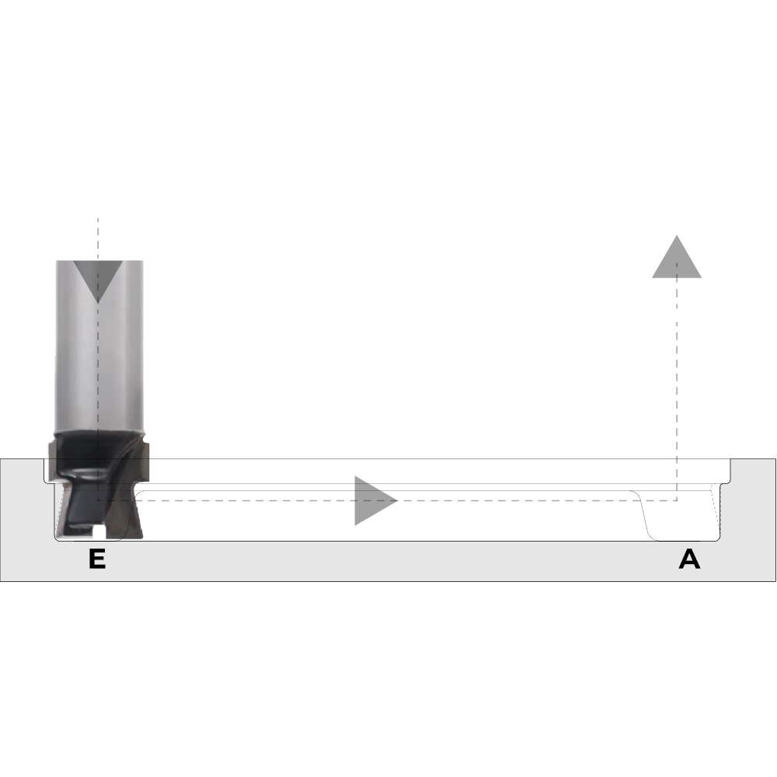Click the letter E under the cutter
pos(97,559)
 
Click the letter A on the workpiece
pos(689,559)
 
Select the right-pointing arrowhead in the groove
pos(375,500)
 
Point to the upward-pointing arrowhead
pos(677,256)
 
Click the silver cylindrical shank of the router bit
pos(99,346)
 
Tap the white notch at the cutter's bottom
pos(99,533)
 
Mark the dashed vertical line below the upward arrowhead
pos(677,389)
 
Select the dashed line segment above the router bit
pos(98,239)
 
